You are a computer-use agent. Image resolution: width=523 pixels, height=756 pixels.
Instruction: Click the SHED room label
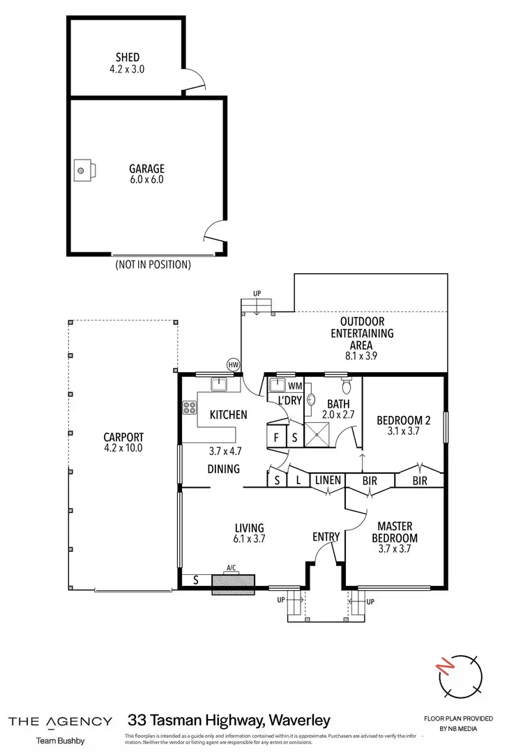coord(128,57)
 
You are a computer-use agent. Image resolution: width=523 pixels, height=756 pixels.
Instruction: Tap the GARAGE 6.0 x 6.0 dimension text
coord(146,179)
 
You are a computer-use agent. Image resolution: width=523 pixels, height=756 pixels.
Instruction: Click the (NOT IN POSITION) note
coord(153,265)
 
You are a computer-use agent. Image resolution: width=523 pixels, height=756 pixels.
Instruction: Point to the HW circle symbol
coord(233,364)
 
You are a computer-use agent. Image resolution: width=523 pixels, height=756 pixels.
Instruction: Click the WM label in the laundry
coord(295,385)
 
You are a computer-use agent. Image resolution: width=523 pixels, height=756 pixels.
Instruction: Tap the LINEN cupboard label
coord(327,480)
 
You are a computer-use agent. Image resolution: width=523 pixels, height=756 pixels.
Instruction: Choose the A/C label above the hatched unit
coord(233,567)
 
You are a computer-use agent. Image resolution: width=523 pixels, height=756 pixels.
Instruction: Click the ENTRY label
coord(326,537)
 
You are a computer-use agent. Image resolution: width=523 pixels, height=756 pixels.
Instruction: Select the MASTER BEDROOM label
coord(396,532)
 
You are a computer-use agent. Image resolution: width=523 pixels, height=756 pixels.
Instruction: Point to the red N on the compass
coord(443,670)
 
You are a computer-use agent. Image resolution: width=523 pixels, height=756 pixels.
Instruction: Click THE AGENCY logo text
coord(60,721)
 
